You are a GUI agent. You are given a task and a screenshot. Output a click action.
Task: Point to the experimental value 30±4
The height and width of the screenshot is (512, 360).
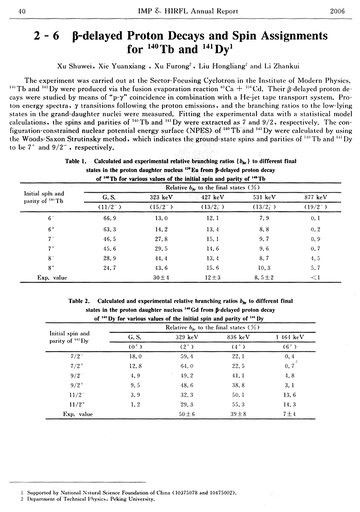coord(162,278)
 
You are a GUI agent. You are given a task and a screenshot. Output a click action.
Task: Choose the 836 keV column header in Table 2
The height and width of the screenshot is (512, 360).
coord(234,336)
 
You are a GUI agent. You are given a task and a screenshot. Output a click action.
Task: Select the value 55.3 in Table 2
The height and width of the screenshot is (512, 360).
coord(234,404)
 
